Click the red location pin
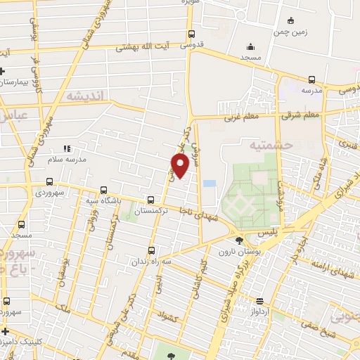tap(180, 165)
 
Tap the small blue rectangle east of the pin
tap(209, 184)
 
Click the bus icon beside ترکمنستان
tap(150, 200)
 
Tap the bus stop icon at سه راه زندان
tap(153, 250)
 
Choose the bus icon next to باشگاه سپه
tap(104, 190)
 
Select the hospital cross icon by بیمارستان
tap(3, 71)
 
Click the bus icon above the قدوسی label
tap(192, 33)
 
